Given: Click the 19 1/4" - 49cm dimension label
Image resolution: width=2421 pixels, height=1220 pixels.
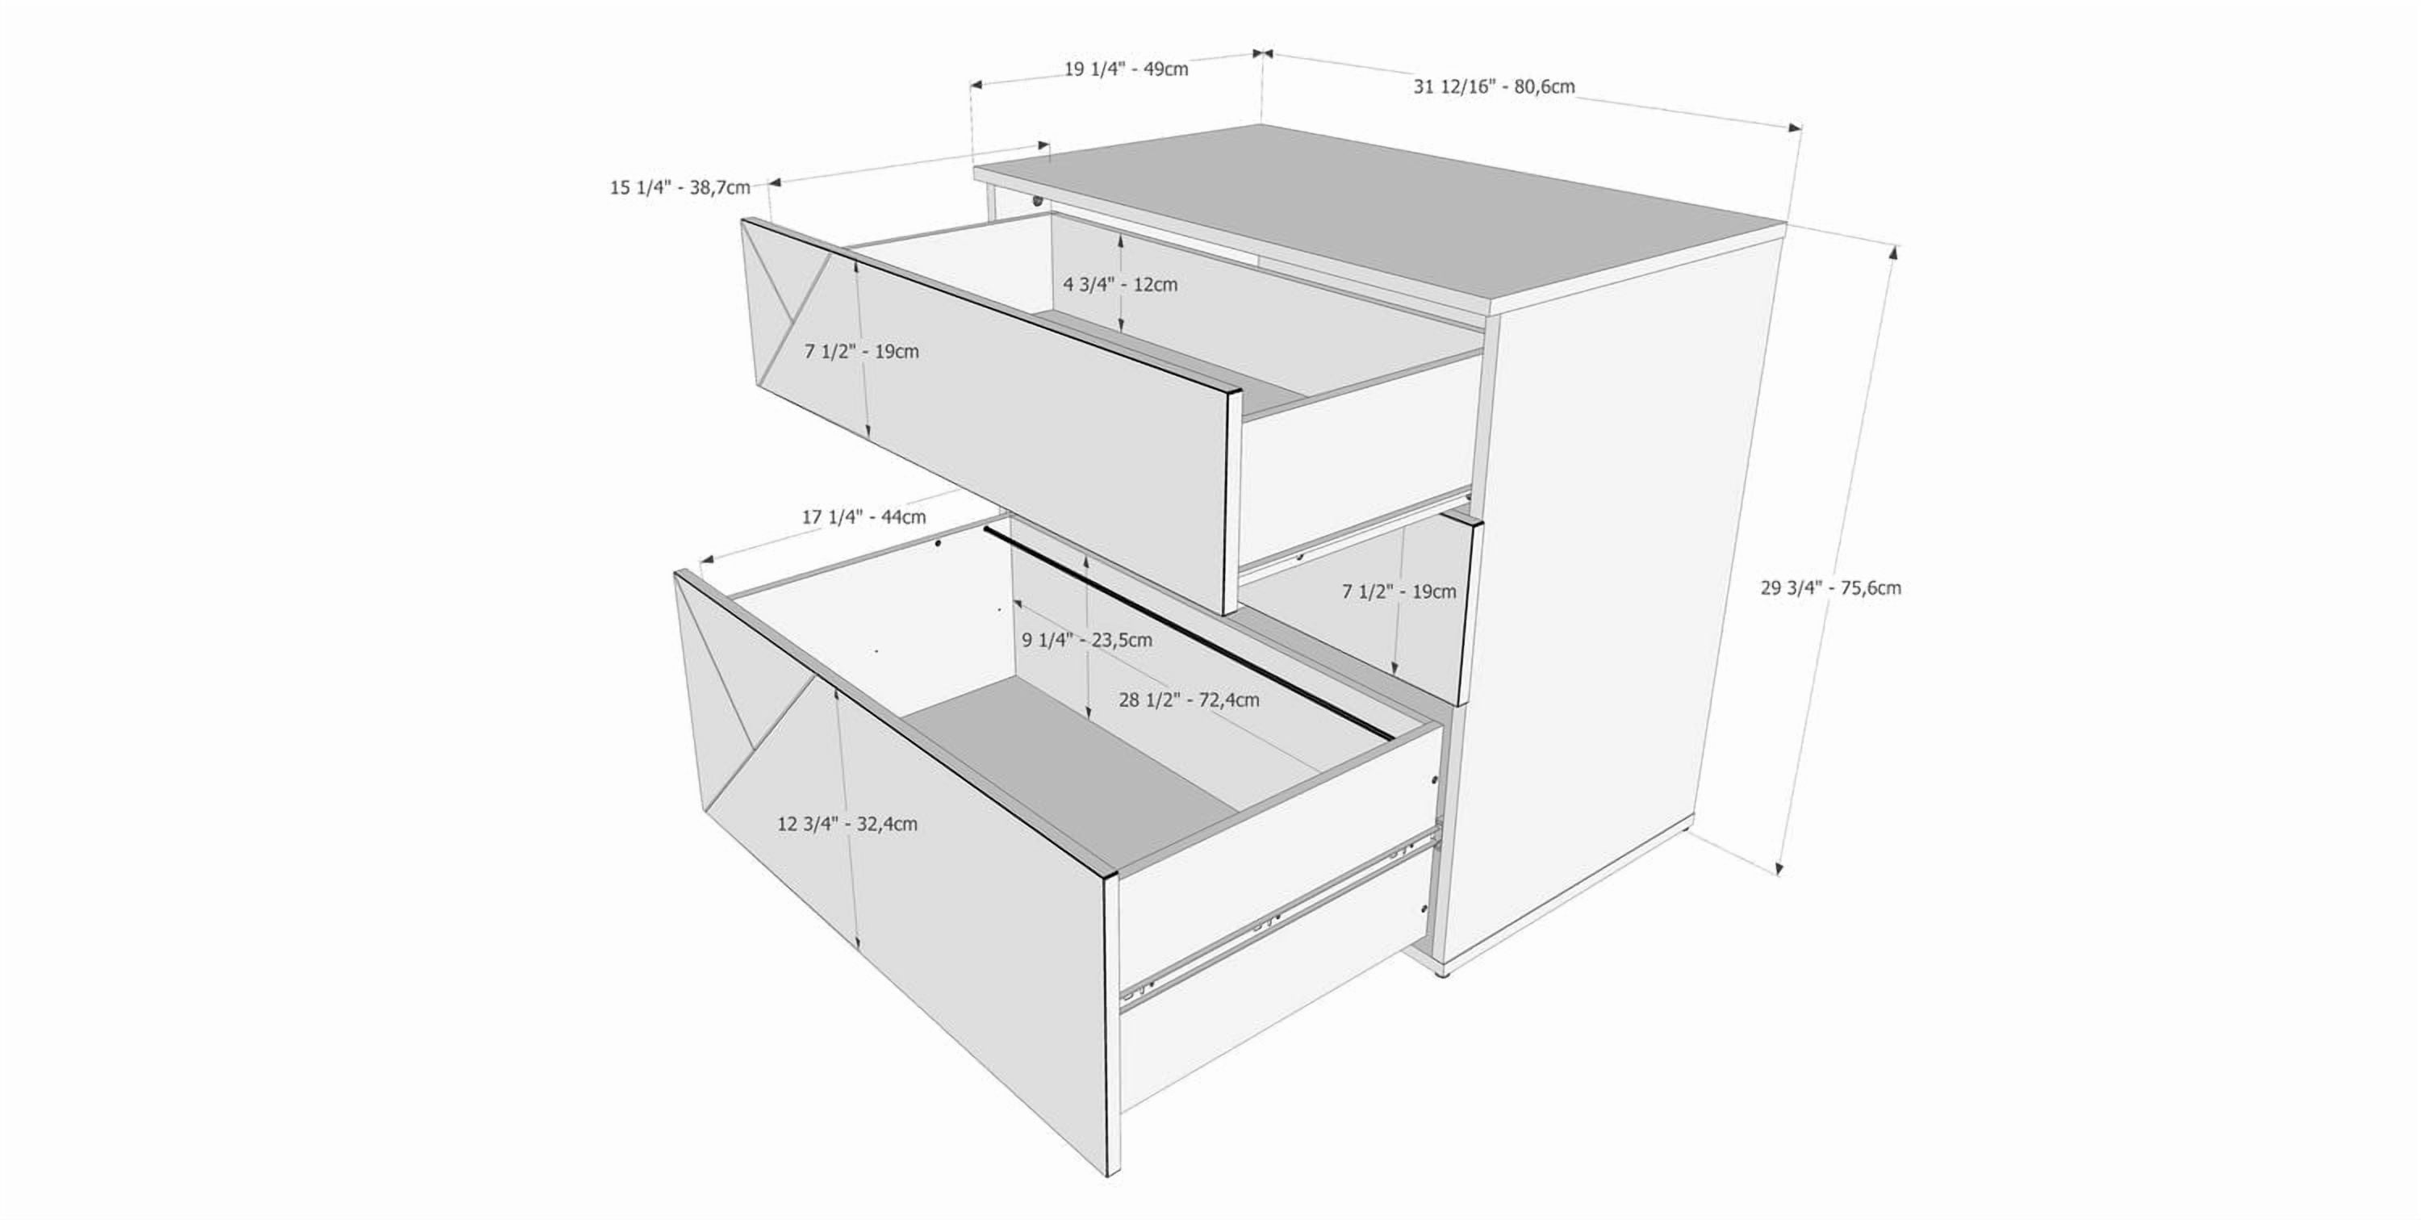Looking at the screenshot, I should point(1126,69).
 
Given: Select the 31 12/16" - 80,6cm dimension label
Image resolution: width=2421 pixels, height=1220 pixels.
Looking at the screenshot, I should point(1495,86).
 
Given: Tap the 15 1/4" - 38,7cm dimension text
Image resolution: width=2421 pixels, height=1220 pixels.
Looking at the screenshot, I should point(679,187).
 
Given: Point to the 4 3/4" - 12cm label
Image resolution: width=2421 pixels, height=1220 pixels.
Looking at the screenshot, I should point(1120,284).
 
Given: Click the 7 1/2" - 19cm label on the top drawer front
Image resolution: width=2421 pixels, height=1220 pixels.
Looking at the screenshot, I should point(862,352).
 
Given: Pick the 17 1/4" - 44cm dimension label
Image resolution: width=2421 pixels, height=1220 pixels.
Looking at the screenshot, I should point(863,516).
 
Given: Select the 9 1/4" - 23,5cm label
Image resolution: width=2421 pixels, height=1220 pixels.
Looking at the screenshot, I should point(1086,640).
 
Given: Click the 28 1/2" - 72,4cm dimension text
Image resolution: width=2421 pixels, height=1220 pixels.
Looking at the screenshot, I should point(1189,700).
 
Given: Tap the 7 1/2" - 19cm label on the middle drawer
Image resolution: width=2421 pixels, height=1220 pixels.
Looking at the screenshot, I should point(1399,591).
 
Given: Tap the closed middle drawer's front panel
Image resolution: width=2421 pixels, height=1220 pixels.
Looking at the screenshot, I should point(1353,620).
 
